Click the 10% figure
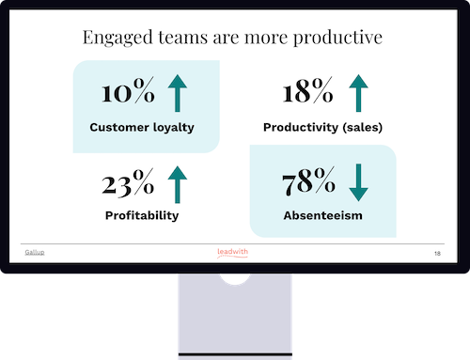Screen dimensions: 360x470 [130, 94]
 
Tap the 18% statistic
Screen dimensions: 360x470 [307, 93]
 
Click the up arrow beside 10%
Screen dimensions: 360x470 [178, 94]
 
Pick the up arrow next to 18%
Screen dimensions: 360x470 [358, 94]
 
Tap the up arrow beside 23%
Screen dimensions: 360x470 [178, 184]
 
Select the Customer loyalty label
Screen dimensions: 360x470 [142, 126]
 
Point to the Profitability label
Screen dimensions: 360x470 [142, 216]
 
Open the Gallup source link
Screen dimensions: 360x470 [35, 253]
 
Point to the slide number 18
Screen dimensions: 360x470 [437, 254]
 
